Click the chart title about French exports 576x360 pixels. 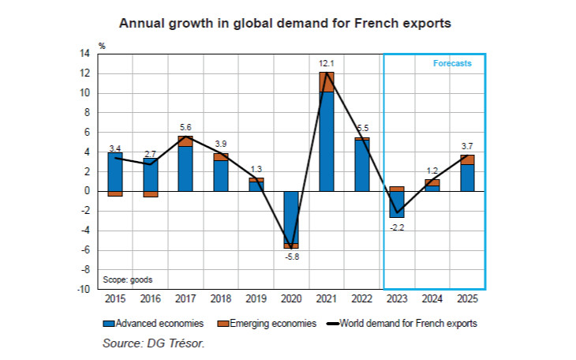tap(285, 23)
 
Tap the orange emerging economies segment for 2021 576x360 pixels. tap(326, 81)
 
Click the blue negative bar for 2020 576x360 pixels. tap(291, 217)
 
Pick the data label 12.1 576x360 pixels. tap(327, 63)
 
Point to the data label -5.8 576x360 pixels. tap(291, 257)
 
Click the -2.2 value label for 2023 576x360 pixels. tap(397, 227)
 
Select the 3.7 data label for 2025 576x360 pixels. tap(467, 146)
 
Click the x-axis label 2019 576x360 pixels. tap(256, 298)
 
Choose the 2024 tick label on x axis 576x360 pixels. tap(432, 298)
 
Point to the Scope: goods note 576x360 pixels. tap(128, 279)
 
